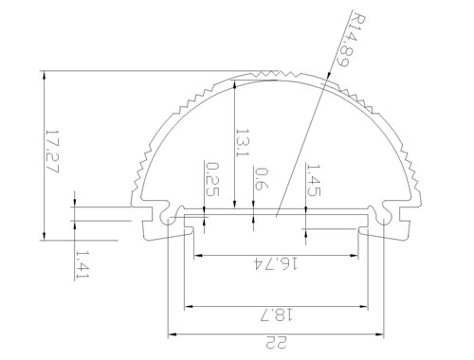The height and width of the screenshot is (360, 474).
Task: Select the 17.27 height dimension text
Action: (52, 151)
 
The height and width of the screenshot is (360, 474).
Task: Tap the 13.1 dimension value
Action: (243, 142)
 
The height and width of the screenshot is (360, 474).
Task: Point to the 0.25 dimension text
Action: (212, 179)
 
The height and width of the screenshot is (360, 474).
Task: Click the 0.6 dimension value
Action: (261, 179)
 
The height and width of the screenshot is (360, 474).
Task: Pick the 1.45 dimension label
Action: (314, 180)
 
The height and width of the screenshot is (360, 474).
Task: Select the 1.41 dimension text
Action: (82, 264)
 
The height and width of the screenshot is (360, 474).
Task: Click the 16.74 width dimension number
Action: (276, 263)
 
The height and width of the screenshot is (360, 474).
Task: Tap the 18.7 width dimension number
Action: (277, 315)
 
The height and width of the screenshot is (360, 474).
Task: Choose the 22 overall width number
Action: (277, 342)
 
